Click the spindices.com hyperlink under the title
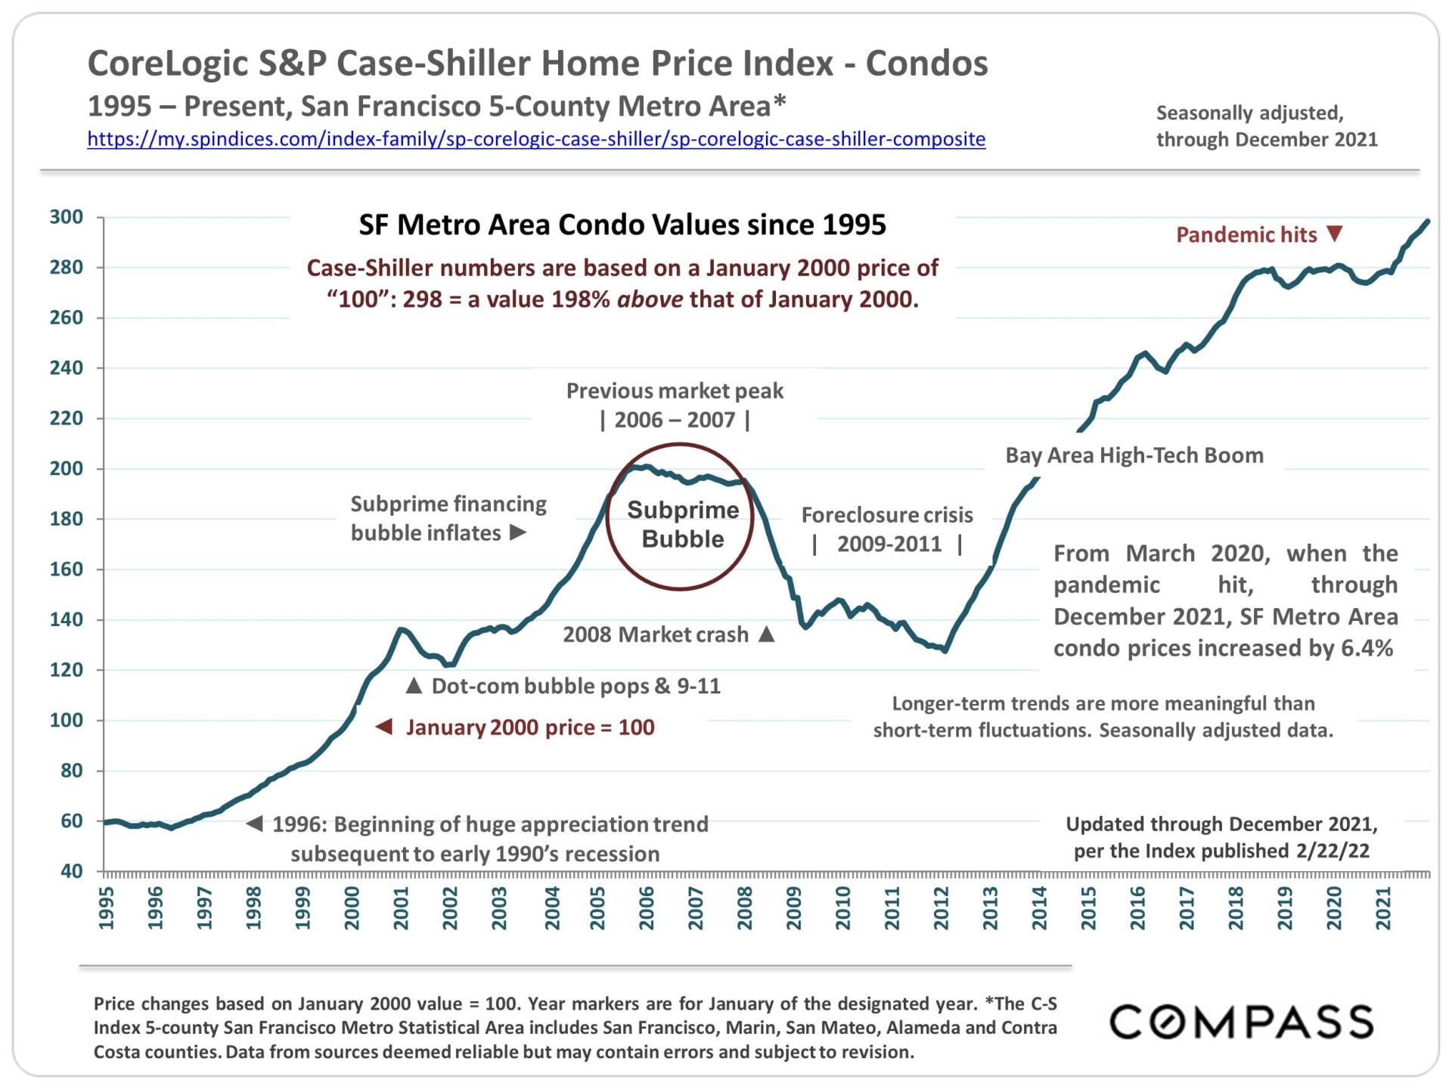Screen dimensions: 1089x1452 (x=536, y=139)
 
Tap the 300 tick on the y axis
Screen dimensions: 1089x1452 (x=67, y=217)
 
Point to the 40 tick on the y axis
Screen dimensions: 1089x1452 (x=71, y=871)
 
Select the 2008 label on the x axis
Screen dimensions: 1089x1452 (x=744, y=908)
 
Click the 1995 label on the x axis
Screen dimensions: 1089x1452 (x=106, y=908)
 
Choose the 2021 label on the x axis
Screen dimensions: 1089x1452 (x=1383, y=908)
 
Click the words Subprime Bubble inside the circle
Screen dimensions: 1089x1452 (x=682, y=524)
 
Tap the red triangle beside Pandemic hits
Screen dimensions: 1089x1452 (x=1335, y=234)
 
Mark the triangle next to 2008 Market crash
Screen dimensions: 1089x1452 (x=767, y=634)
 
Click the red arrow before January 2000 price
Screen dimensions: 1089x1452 (x=384, y=727)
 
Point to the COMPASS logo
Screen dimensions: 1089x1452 (x=1241, y=1022)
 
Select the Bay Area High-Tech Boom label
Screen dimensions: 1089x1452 (x=1134, y=455)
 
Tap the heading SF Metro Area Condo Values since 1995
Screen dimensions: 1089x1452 (x=622, y=225)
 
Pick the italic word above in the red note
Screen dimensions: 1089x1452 (x=650, y=299)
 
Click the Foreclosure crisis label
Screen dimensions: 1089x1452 (x=887, y=515)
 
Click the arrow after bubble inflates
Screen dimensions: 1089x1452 (x=518, y=532)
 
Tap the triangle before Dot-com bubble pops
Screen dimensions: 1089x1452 (x=414, y=686)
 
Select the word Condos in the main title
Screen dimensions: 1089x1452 (x=926, y=64)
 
